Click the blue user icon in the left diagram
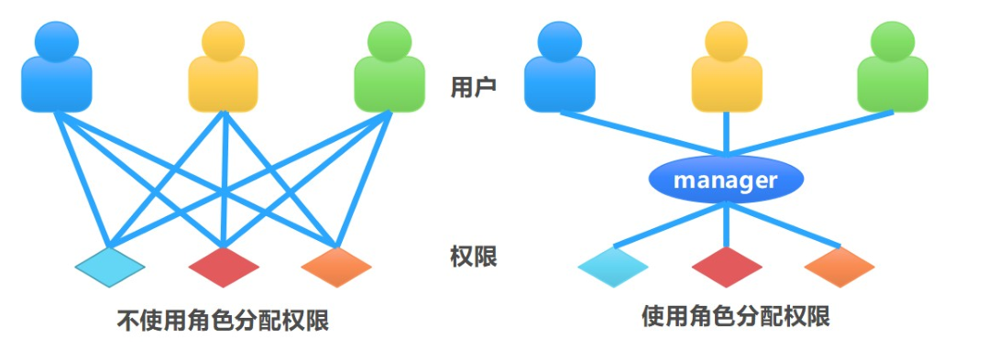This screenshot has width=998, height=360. pos(56,68)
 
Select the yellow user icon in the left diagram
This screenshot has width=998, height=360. pos(224,68)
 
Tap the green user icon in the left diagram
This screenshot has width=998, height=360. pos(389,68)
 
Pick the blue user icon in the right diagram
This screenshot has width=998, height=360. pos(559,68)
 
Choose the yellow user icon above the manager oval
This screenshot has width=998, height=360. pos(726,68)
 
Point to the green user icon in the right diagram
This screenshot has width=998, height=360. pos(893,68)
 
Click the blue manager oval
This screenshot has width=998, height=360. pos(725,180)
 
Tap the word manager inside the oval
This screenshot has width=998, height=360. pos(725,180)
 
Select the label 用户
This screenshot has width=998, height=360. pos(473,88)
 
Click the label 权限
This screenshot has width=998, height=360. pos(473,256)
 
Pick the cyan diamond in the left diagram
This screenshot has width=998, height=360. pos(110,266)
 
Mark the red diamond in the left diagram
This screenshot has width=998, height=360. pos(224,266)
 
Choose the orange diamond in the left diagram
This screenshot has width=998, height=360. pos(336,266)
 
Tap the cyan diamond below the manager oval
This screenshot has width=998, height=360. pos(613,266)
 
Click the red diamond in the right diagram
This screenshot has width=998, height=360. pos(727,266)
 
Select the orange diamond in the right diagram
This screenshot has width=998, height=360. pos(839,266)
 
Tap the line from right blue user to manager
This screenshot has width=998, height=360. pos(642,133)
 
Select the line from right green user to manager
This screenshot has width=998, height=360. pos(811,133)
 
